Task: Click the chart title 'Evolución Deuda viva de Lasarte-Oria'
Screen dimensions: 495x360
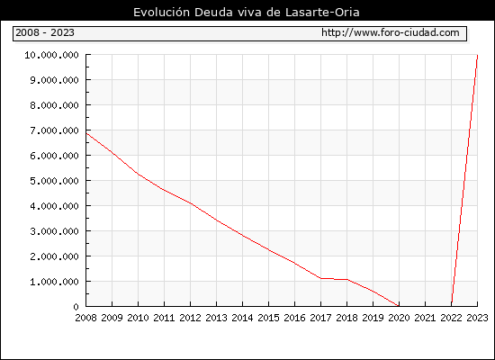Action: click(247, 13)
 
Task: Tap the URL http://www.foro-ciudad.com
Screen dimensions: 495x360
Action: click(391, 32)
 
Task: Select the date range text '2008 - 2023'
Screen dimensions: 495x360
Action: click(45, 32)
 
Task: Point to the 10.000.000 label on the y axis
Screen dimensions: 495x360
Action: click(51, 55)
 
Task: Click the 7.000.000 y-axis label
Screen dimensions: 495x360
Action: click(54, 130)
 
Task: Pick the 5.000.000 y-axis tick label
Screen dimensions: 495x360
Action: click(54, 181)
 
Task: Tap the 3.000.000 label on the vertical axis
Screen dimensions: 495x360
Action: click(54, 231)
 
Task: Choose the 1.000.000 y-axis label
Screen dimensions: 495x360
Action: click(54, 282)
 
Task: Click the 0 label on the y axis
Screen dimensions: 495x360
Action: click(76, 307)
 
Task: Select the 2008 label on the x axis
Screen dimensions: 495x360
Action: click(85, 318)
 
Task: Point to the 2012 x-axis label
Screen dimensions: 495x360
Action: click(191, 318)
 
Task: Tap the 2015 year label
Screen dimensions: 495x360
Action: click(269, 318)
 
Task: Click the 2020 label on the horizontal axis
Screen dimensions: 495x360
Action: click(399, 318)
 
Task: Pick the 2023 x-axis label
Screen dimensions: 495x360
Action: click(477, 318)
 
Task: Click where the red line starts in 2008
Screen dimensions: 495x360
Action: click(86, 133)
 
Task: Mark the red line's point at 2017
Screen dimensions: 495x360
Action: click(321, 278)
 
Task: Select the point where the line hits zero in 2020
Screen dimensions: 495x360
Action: click(399, 306)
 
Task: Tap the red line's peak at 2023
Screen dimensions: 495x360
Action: click(477, 55)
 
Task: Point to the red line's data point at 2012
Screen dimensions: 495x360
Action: click(191, 203)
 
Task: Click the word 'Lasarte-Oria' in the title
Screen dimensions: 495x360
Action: click(322, 13)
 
